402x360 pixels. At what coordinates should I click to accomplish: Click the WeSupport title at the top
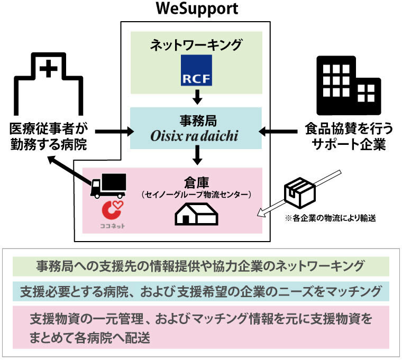[197, 9]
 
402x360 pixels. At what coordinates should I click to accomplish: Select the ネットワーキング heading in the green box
[197, 44]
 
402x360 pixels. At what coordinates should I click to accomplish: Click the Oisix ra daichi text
[197, 137]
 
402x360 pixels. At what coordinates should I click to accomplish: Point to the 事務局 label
[197, 121]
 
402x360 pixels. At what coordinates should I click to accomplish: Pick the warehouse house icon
[196, 214]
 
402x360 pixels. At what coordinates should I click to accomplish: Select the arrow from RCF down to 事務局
[197, 97]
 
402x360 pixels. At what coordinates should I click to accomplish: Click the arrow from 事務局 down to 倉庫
[197, 154]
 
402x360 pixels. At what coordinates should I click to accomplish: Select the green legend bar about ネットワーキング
[200, 265]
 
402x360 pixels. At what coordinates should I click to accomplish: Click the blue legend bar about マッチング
[200, 291]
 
